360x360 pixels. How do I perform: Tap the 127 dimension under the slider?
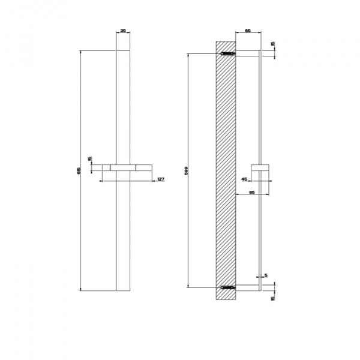tap(160, 179)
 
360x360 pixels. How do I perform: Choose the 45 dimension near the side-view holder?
tap(244, 178)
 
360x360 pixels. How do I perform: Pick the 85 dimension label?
tap(252, 193)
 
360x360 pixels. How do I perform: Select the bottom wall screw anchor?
tap(227, 287)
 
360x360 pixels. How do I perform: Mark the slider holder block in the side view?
tap(262, 167)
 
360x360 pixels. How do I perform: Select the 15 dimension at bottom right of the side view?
tap(273, 298)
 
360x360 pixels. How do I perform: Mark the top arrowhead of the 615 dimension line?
tap(80, 53)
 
